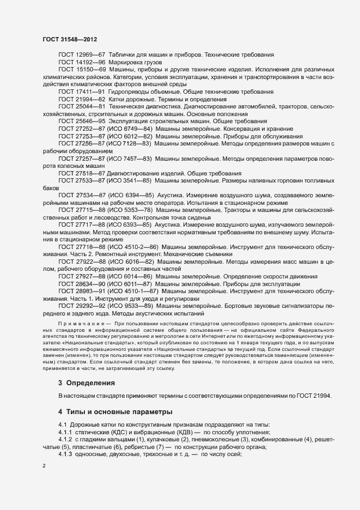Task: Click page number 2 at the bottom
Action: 44,466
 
